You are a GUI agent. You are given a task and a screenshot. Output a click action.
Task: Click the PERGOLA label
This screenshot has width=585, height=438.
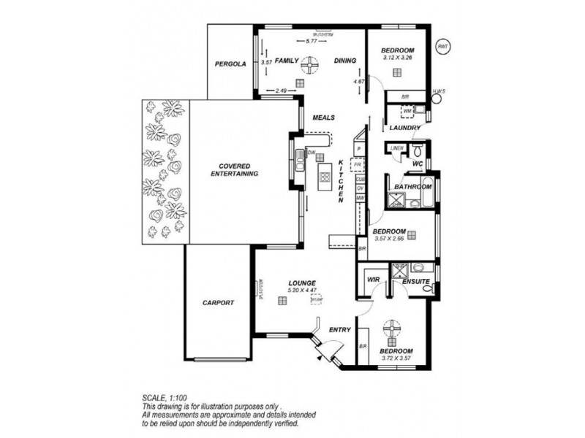[230, 64]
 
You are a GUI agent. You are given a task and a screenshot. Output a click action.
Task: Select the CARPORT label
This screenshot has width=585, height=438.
[219, 302]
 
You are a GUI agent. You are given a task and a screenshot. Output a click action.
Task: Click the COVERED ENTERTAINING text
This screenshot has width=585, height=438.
[234, 170]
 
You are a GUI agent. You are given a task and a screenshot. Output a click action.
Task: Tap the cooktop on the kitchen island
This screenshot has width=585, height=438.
[325, 176]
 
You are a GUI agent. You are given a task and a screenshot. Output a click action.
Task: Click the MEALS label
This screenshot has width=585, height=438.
[323, 118]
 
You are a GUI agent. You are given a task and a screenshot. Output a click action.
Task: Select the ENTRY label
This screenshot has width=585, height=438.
[339, 330]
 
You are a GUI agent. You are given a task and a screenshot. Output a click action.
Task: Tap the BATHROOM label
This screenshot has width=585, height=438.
[413, 187]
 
